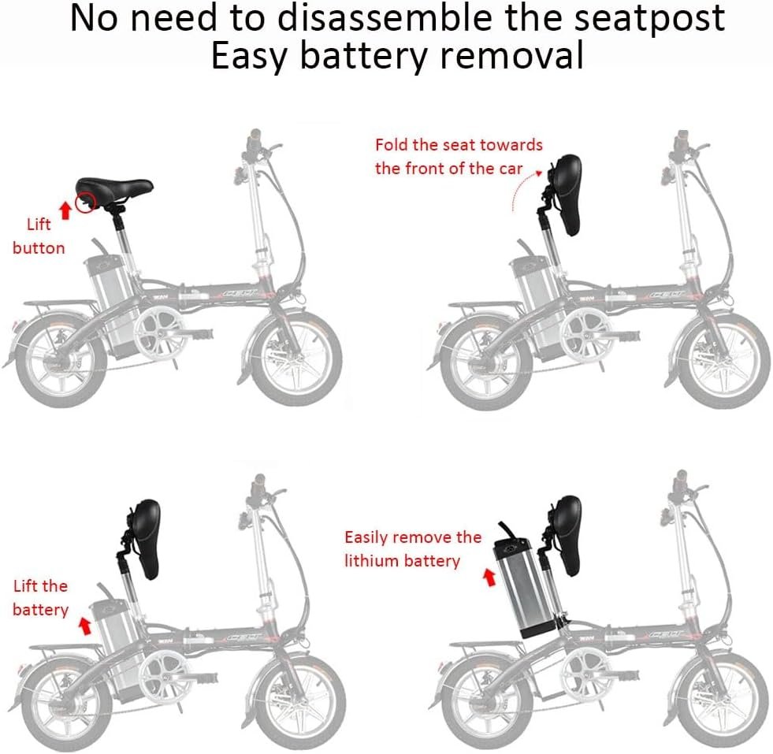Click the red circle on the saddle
[x=85, y=202]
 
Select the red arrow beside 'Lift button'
[x=65, y=209]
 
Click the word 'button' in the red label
[x=39, y=247]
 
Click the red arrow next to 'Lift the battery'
[x=84, y=626]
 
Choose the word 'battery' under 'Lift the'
[x=40, y=610]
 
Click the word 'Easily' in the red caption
[x=370, y=537]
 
